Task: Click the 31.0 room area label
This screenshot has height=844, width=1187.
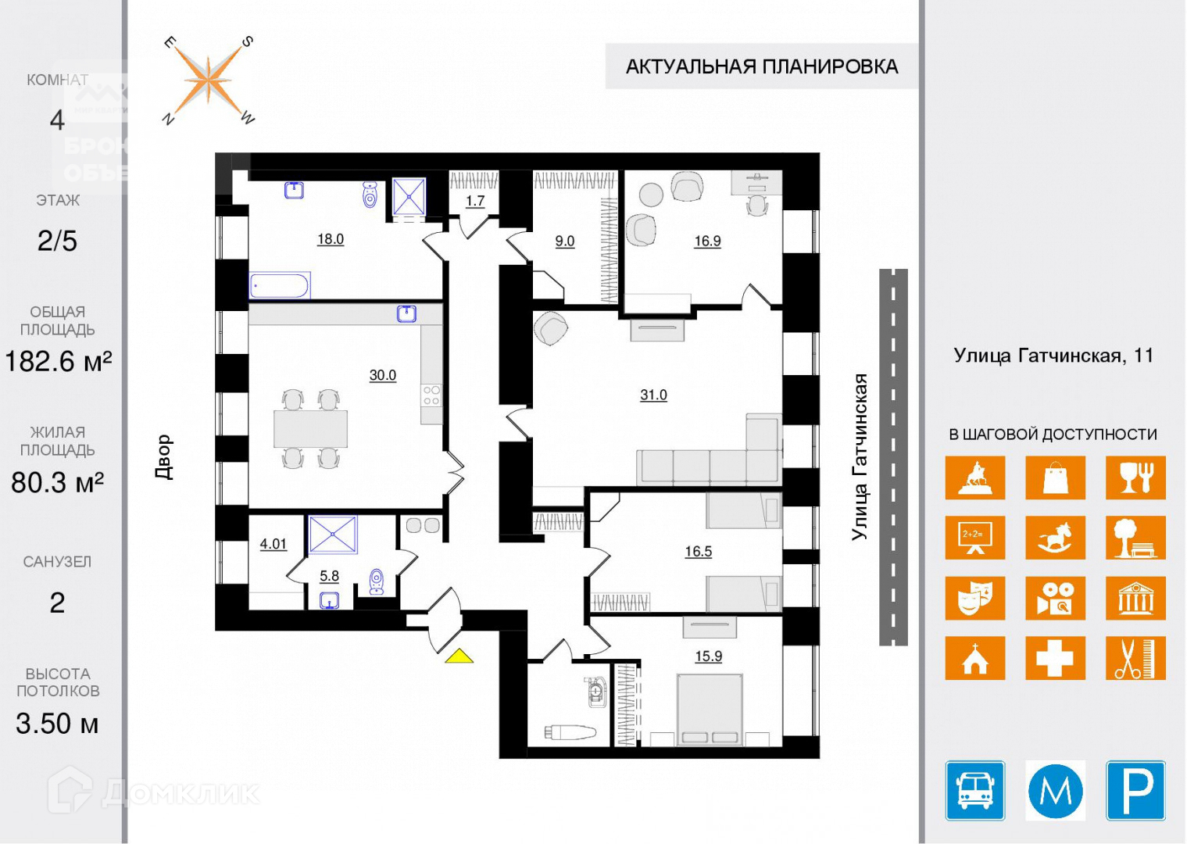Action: pos(653,395)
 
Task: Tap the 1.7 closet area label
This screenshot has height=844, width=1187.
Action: pos(475,202)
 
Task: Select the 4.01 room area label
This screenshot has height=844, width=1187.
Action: pos(274,544)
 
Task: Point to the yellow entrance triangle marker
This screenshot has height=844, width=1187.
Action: pos(459,656)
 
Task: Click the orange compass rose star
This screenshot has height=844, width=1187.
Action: pos(208,80)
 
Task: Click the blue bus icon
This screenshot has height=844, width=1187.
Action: pos(975,790)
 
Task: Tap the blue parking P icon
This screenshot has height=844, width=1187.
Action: pos(1135,790)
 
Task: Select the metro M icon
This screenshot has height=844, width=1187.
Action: pos(1055,790)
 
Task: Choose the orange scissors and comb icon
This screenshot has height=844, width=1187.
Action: pos(1135,658)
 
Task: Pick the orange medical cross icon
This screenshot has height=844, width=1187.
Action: pos(1055,658)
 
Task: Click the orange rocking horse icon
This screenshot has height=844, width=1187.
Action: pos(1055,538)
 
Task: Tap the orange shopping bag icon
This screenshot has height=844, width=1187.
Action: pos(1055,477)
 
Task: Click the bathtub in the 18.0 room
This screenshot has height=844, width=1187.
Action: pos(280,285)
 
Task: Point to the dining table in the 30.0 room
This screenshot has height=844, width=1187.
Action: pos(310,429)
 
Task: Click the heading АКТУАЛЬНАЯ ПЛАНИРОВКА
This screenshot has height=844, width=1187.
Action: pos(761,66)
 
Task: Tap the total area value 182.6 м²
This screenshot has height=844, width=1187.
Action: pos(58,361)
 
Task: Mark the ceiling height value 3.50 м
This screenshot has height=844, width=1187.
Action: pos(57,724)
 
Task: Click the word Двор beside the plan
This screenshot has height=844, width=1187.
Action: pos(163,457)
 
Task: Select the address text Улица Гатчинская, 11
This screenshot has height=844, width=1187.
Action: pos(1053,356)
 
